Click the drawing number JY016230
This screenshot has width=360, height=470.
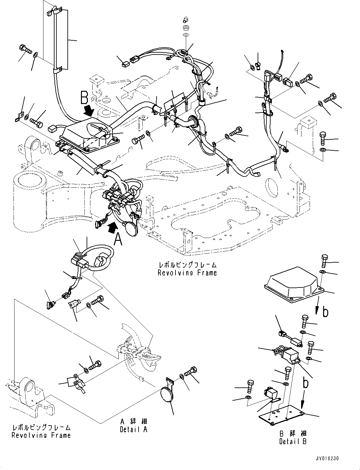(326, 459)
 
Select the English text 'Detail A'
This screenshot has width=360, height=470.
(134, 429)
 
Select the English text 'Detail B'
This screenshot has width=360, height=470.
(293, 441)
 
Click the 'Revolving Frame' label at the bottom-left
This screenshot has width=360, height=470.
(41, 435)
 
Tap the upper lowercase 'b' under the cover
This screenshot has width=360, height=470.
(325, 312)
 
